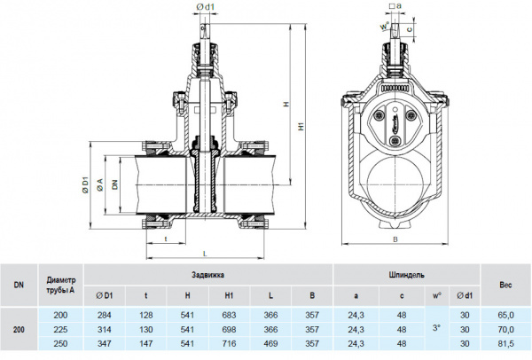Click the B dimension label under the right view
click(395, 251)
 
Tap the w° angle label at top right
click(384, 27)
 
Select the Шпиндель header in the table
click(405, 275)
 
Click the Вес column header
click(505, 285)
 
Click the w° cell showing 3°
click(435, 328)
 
